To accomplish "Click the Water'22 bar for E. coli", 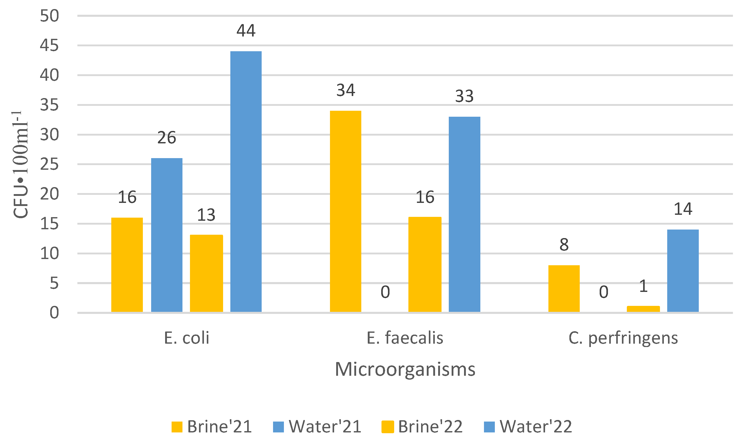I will tap(246, 182).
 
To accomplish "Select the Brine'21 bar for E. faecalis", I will tap(346, 211).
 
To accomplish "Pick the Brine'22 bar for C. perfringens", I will tap(643, 309).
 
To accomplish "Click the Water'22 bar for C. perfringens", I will tap(683, 271).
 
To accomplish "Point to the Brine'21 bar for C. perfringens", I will tap(564, 289).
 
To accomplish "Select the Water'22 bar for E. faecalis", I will tap(464, 215).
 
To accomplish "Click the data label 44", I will tap(246, 31).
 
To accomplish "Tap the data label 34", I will tap(346, 90).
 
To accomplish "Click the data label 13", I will tap(206, 215).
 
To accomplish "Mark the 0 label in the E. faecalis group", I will tap(385, 292).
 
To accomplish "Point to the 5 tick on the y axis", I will tap(54, 283).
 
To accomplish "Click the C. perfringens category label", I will tap(623, 338).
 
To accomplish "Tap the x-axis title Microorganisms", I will tap(405, 369).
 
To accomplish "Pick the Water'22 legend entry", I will tap(528, 426).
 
